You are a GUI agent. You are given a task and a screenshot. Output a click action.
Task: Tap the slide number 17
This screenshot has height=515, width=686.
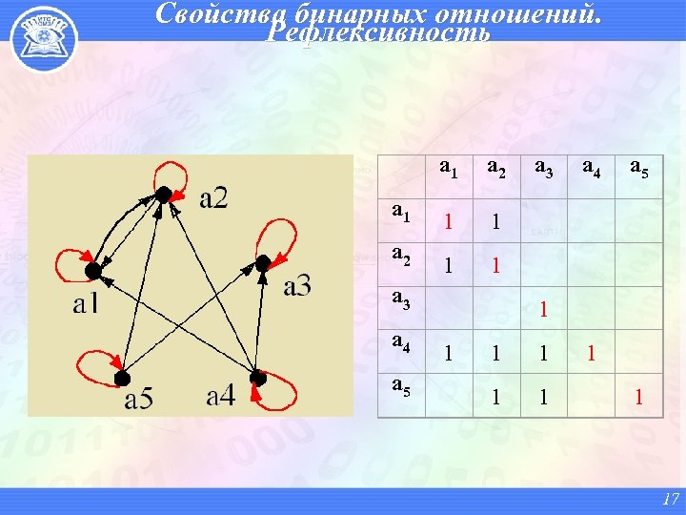[x=669, y=498]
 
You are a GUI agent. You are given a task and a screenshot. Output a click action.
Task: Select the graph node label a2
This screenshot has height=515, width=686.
[x=213, y=199]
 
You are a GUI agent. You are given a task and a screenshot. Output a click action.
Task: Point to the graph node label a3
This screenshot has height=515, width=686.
[x=296, y=286]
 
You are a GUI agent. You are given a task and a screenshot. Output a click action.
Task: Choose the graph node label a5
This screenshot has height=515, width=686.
[x=138, y=397]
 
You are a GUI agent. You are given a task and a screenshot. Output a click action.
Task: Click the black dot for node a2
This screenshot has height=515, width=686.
[x=163, y=195]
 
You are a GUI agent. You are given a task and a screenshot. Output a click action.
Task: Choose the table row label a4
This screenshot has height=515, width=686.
[x=401, y=344]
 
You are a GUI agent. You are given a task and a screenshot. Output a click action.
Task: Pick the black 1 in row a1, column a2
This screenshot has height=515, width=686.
[x=495, y=222]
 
